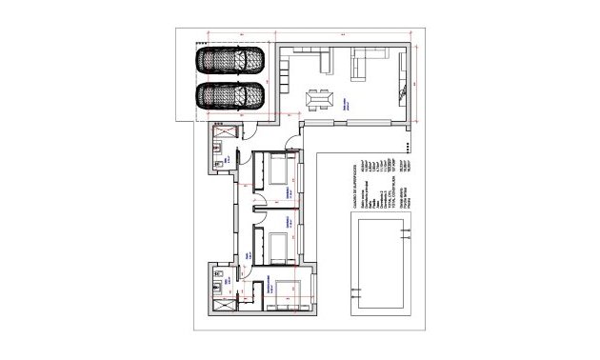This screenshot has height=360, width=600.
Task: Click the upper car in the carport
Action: [x=230, y=59]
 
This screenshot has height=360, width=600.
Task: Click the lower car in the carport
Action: [x=230, y=97]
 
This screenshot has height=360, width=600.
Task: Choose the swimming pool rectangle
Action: [x=382, y=266]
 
